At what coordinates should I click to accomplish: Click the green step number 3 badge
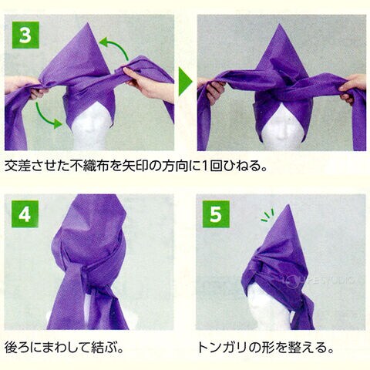25,35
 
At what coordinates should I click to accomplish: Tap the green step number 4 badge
25,214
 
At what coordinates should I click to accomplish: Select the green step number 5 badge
216,214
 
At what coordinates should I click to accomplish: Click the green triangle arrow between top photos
185,82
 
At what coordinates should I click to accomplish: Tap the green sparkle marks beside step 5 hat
267,215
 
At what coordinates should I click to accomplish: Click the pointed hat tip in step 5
289,205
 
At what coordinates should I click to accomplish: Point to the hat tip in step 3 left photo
88,23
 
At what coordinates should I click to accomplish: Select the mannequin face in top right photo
282,129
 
